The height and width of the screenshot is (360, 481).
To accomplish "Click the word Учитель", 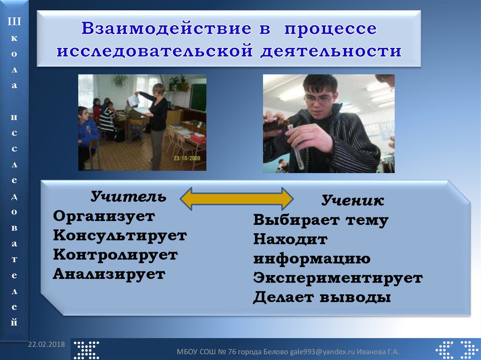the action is (x=128, y=197).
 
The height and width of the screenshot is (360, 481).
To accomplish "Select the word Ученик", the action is (x=353, y=200).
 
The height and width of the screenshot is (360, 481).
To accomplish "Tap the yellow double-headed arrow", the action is (x=237, y=199).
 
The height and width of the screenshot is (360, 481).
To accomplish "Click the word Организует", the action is (x=104, y=217).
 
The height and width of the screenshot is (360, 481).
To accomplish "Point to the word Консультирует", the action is (x=120, y=236).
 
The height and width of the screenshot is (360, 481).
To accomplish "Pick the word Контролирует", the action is (x=116, y=255).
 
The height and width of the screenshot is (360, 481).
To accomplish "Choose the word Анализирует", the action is (x=109, y=274).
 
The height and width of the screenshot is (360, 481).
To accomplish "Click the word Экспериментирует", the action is (x=338, y=278).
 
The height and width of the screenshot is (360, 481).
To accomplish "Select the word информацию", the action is (x=312, y=259).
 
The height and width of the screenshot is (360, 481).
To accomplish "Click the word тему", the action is (x=367, y=220).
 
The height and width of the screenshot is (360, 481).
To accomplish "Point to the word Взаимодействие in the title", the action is (x=166, y=28).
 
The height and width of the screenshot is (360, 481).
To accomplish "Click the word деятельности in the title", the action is (x=331, y=51).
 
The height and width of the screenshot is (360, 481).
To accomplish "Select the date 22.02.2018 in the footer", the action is (x=47, y=344).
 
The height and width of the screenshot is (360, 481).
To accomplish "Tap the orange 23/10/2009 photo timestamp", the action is (x=187, y=158).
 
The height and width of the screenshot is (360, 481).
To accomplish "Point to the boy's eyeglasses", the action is (x=318, y=99).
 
